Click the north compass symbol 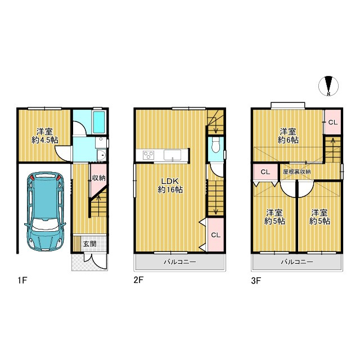tap(328, 85)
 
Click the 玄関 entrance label tap(89, 244)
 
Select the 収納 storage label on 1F tap(99, 178)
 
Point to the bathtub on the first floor tap(99, 122)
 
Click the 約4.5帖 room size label tap(45, 140)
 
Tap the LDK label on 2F tap(170, 181)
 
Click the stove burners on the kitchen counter tap(148, 155)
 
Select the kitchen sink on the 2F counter tap(172, 155)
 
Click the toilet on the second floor tap(215, 146)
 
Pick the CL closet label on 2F tap(216, 235)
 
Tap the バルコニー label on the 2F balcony tap(180, 262)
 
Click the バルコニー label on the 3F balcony tap(297, 262)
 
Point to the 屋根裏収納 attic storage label tap(297, 172)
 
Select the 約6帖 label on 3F tap(288, 140)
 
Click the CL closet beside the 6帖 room tap(332, 122)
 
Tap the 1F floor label tap(22, 280)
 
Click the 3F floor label tap(256, 281)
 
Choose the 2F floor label tap(138, 280)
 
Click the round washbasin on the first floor tap(101, 156)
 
